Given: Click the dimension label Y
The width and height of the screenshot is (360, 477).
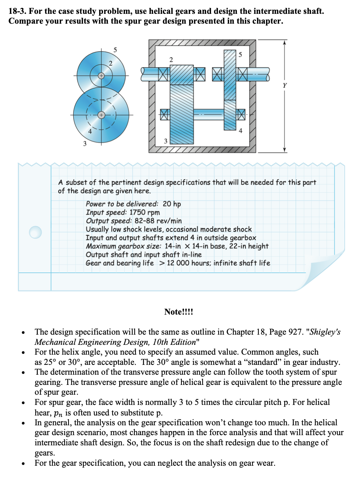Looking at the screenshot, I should point(285,86).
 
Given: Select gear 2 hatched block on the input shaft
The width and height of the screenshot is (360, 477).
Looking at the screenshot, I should point(181,75).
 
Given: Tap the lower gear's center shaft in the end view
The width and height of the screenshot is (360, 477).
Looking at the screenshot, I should point(101,115).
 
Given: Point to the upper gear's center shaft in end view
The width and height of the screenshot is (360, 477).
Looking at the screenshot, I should point(101,76).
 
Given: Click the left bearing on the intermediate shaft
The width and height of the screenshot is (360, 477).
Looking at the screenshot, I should point(165,115).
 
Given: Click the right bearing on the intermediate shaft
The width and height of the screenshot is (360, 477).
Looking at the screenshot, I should point(240,114).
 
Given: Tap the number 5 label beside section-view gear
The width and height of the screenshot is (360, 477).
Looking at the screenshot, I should point(240,55).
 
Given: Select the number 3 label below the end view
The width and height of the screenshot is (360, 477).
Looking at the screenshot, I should point(85,143).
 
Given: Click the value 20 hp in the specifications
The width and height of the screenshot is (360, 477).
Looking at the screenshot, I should point(172,204).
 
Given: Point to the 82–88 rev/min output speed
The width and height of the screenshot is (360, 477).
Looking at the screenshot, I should point(158,221).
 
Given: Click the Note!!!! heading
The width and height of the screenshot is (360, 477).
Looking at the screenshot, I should point(179,312).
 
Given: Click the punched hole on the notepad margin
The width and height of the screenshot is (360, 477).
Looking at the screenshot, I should point(35,232).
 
